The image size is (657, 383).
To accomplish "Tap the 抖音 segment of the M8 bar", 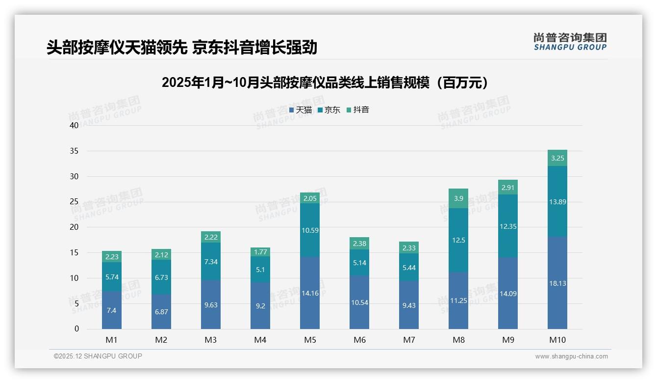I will tap(458, 198).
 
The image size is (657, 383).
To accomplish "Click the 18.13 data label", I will tap(557, 283).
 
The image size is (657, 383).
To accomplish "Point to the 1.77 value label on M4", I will tap(260, 252).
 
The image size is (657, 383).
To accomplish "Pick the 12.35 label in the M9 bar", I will tap(508, 226).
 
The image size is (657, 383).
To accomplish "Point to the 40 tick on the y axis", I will tap(74, 125).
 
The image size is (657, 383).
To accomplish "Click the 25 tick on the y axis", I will tap(74, 202).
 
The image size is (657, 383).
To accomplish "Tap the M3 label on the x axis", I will tap(211, 340).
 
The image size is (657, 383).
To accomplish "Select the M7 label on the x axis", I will tap(409, 340).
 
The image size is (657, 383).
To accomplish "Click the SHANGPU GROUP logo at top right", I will tap(570, 42).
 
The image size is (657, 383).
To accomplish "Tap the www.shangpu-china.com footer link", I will tap(571, 356).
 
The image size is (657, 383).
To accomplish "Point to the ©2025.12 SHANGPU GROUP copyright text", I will tap(98, 356).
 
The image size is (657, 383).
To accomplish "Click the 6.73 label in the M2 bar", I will tap(161, 277).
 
